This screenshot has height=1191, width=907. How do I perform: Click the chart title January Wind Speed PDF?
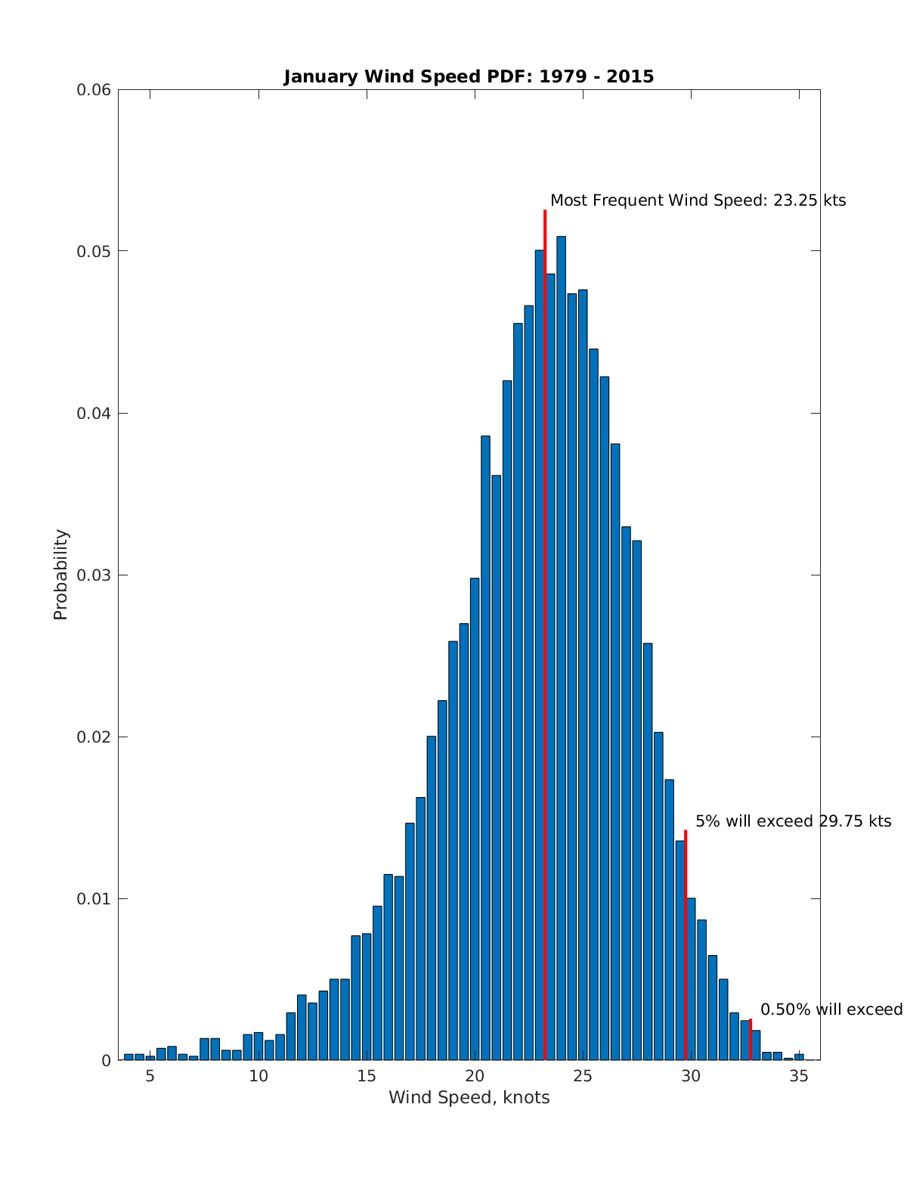tap(469, 76)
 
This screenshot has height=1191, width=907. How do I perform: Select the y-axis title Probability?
tap(60, 575)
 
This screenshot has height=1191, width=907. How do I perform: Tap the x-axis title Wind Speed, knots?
tap(469, 1097)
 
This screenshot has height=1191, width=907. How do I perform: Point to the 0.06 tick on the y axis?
tap(94, 90)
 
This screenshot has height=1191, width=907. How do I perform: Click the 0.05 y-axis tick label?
tap(94, 251)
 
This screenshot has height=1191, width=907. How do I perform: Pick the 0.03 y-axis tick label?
tap(94, 575)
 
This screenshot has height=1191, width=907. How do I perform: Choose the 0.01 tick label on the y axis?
tap(94, 898)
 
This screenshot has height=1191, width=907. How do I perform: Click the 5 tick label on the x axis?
tap(150, 1077)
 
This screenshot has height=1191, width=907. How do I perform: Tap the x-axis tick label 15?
tap(366, 1077)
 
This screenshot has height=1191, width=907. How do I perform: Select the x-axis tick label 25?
tap(582, 1077)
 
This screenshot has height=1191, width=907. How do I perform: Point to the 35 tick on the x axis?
tap(798, 1077)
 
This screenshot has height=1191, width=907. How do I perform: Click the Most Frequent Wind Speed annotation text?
tap(698, 200)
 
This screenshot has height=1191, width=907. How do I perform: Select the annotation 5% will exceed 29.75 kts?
tap(793, 821)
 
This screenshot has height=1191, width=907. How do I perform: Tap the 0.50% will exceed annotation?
tap(831, 1010)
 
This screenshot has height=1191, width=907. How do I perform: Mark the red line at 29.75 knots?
tap(686, 945)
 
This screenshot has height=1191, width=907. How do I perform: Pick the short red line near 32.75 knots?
tap(751, 1040)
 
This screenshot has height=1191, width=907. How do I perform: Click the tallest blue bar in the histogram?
tap(561, 643)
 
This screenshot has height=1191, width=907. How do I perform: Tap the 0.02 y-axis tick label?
tap(94, 737)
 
